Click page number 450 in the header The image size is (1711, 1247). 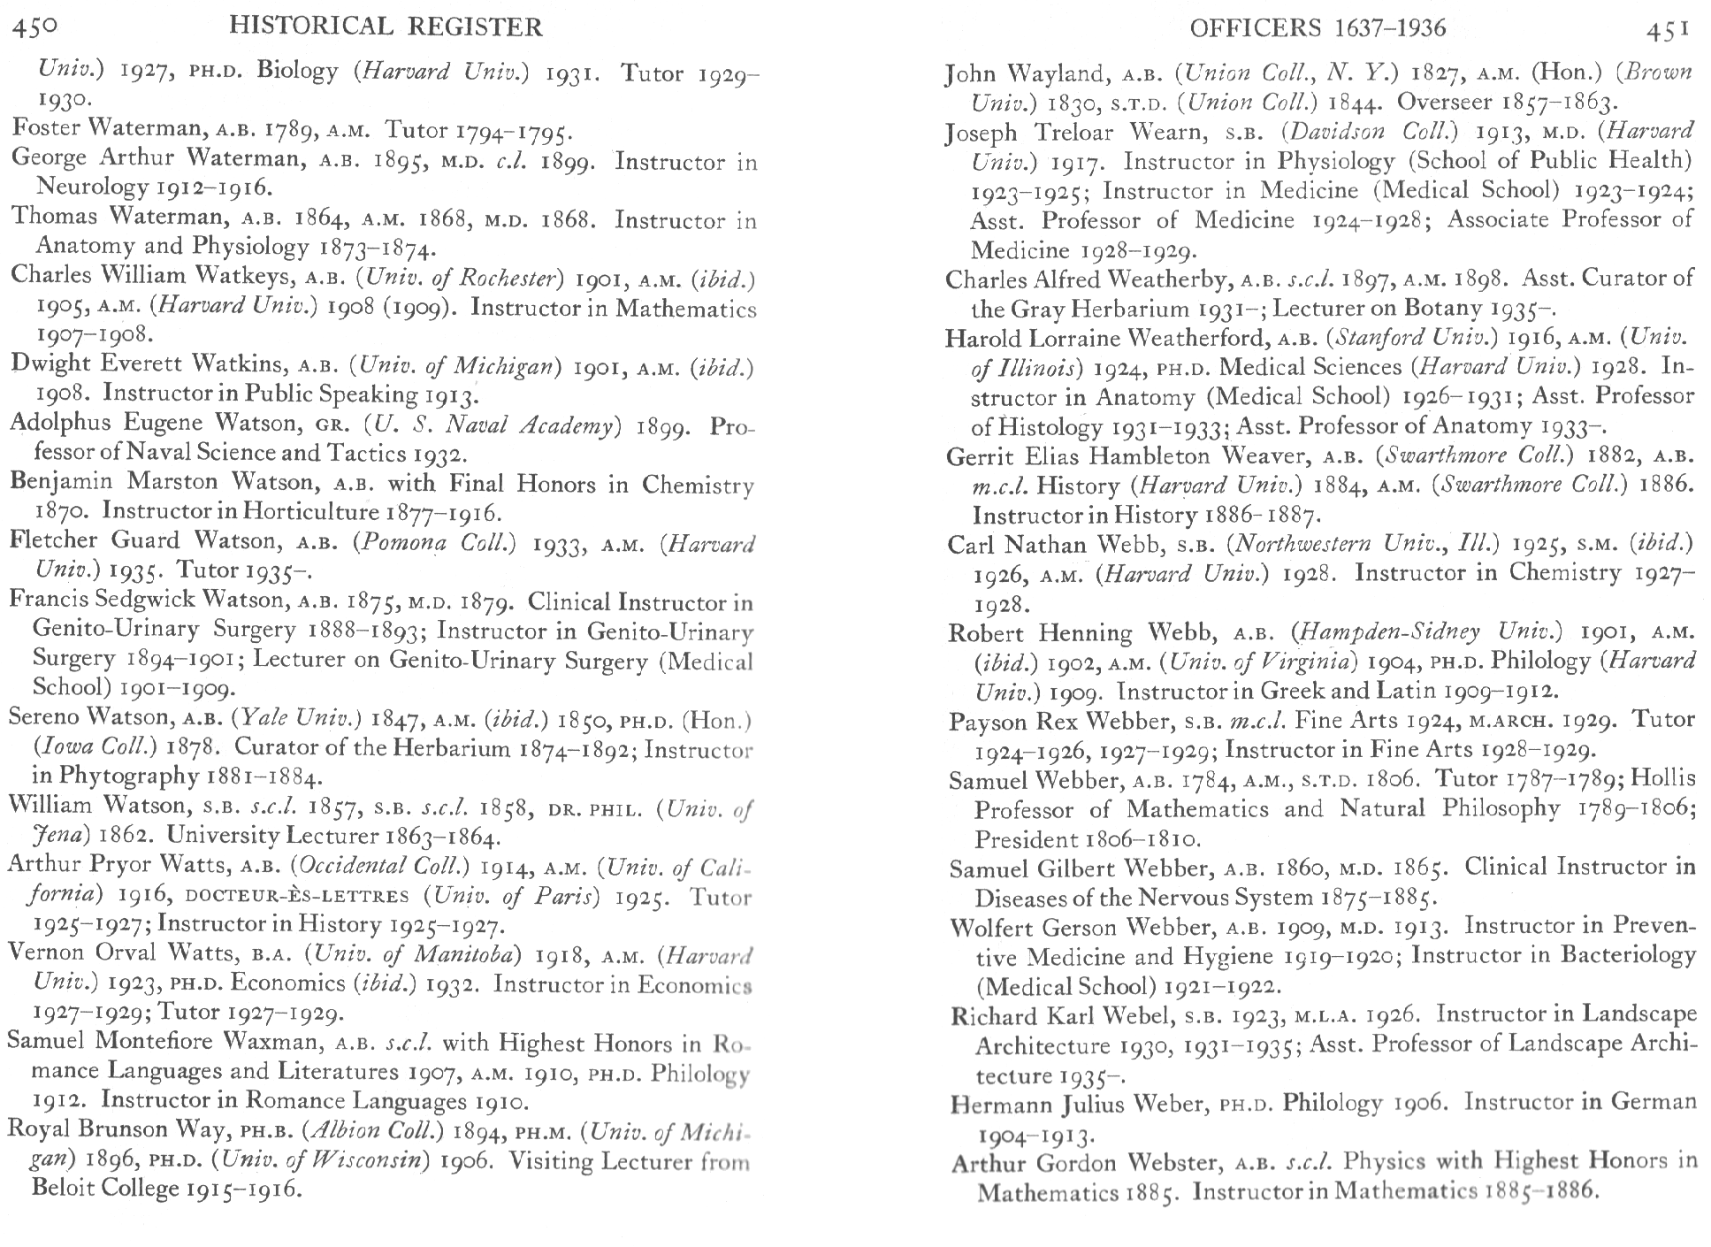(x=34, y=27)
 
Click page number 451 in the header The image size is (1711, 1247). (x=1668, y=29)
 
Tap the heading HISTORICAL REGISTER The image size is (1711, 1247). (x=386, y=27)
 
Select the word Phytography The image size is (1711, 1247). (x=129, y=776)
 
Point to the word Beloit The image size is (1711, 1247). (x=73, y=1188)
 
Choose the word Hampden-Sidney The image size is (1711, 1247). (x=1384, y=632)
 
